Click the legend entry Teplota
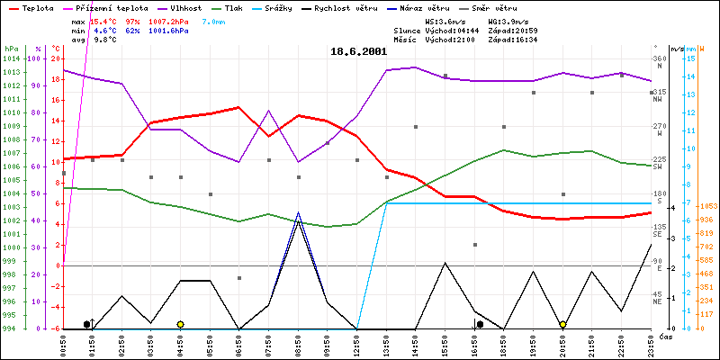37,6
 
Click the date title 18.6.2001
359,51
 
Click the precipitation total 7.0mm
214,21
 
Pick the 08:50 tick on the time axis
299,344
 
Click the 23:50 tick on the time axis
651,344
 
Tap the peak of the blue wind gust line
299,213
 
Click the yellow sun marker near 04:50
181,324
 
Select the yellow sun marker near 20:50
562,324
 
